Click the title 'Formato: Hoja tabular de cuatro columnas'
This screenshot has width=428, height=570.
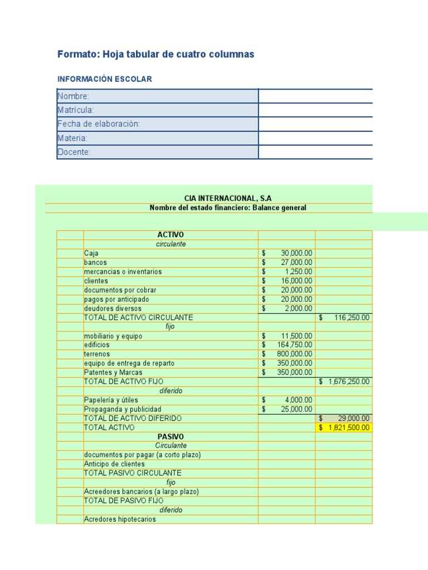tap(155, 54)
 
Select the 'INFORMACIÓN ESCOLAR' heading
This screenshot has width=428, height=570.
tap(105, 79)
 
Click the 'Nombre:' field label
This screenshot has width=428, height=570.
tap(73, 96)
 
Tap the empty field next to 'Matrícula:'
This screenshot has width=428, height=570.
tap(315, 110)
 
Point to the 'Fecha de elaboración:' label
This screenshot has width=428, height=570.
tap(99, 124)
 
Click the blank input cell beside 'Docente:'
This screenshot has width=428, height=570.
tap(315, 152)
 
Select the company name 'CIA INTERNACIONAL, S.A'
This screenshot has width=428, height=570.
tap(228, 198)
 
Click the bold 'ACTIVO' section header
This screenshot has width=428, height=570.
tap(171, 235)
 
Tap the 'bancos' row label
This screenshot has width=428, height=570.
tap(95, 262)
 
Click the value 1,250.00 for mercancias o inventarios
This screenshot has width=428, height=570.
tap(298, 272)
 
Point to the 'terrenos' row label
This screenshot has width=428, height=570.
tap(97, 354)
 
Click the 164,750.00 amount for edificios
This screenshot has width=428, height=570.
tap(295, 345)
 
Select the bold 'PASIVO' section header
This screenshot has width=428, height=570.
tap(171, 436)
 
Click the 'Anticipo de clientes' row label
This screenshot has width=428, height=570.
tap(114, 464)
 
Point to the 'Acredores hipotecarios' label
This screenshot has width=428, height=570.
tap(120, 519)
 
